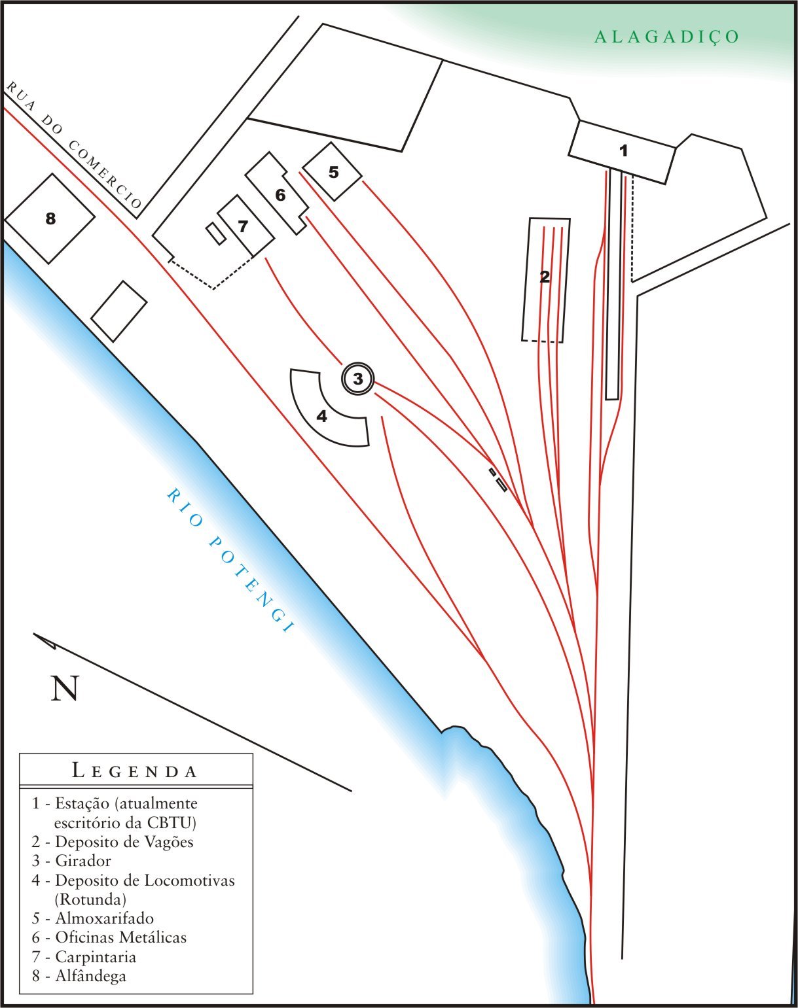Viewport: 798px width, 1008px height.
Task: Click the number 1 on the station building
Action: point(623,151)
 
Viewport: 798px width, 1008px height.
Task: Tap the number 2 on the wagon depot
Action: point(545,277)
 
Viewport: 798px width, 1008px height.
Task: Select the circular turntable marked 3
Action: point(357,378)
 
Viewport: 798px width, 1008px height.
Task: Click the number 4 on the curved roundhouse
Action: point(321,416)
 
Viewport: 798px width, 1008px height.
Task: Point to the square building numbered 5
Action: point(334,172)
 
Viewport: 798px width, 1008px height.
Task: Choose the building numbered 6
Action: point(280,195)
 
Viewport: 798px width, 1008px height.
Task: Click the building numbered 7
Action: point(244,226)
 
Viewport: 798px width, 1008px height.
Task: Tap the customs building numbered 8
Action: point(50,218)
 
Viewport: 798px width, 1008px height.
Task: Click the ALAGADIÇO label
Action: point(666,37)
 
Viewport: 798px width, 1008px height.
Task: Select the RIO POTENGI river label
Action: point(229,560)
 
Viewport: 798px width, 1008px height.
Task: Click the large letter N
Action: point(65,688)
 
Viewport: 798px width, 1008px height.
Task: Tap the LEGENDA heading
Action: point(135,771)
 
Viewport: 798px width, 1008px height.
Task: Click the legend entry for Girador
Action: point(82,861)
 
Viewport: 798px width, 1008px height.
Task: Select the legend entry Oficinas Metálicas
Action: point(120,937)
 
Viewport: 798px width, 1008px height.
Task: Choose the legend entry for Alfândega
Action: point(90,976)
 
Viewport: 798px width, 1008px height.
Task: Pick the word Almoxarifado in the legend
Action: point(104,918)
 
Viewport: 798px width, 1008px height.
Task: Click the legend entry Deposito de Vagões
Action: point(124,842)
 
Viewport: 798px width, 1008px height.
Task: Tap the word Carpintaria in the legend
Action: point(96,957)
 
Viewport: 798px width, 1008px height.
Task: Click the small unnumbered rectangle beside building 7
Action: point(215,234)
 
